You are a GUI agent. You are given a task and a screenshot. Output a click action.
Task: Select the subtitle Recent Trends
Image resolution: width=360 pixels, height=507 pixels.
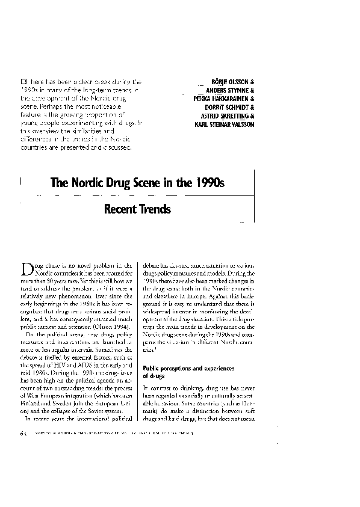pos(137,209)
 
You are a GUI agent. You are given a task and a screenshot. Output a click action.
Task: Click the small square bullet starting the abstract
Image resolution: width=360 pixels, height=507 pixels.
pos(23,80)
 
